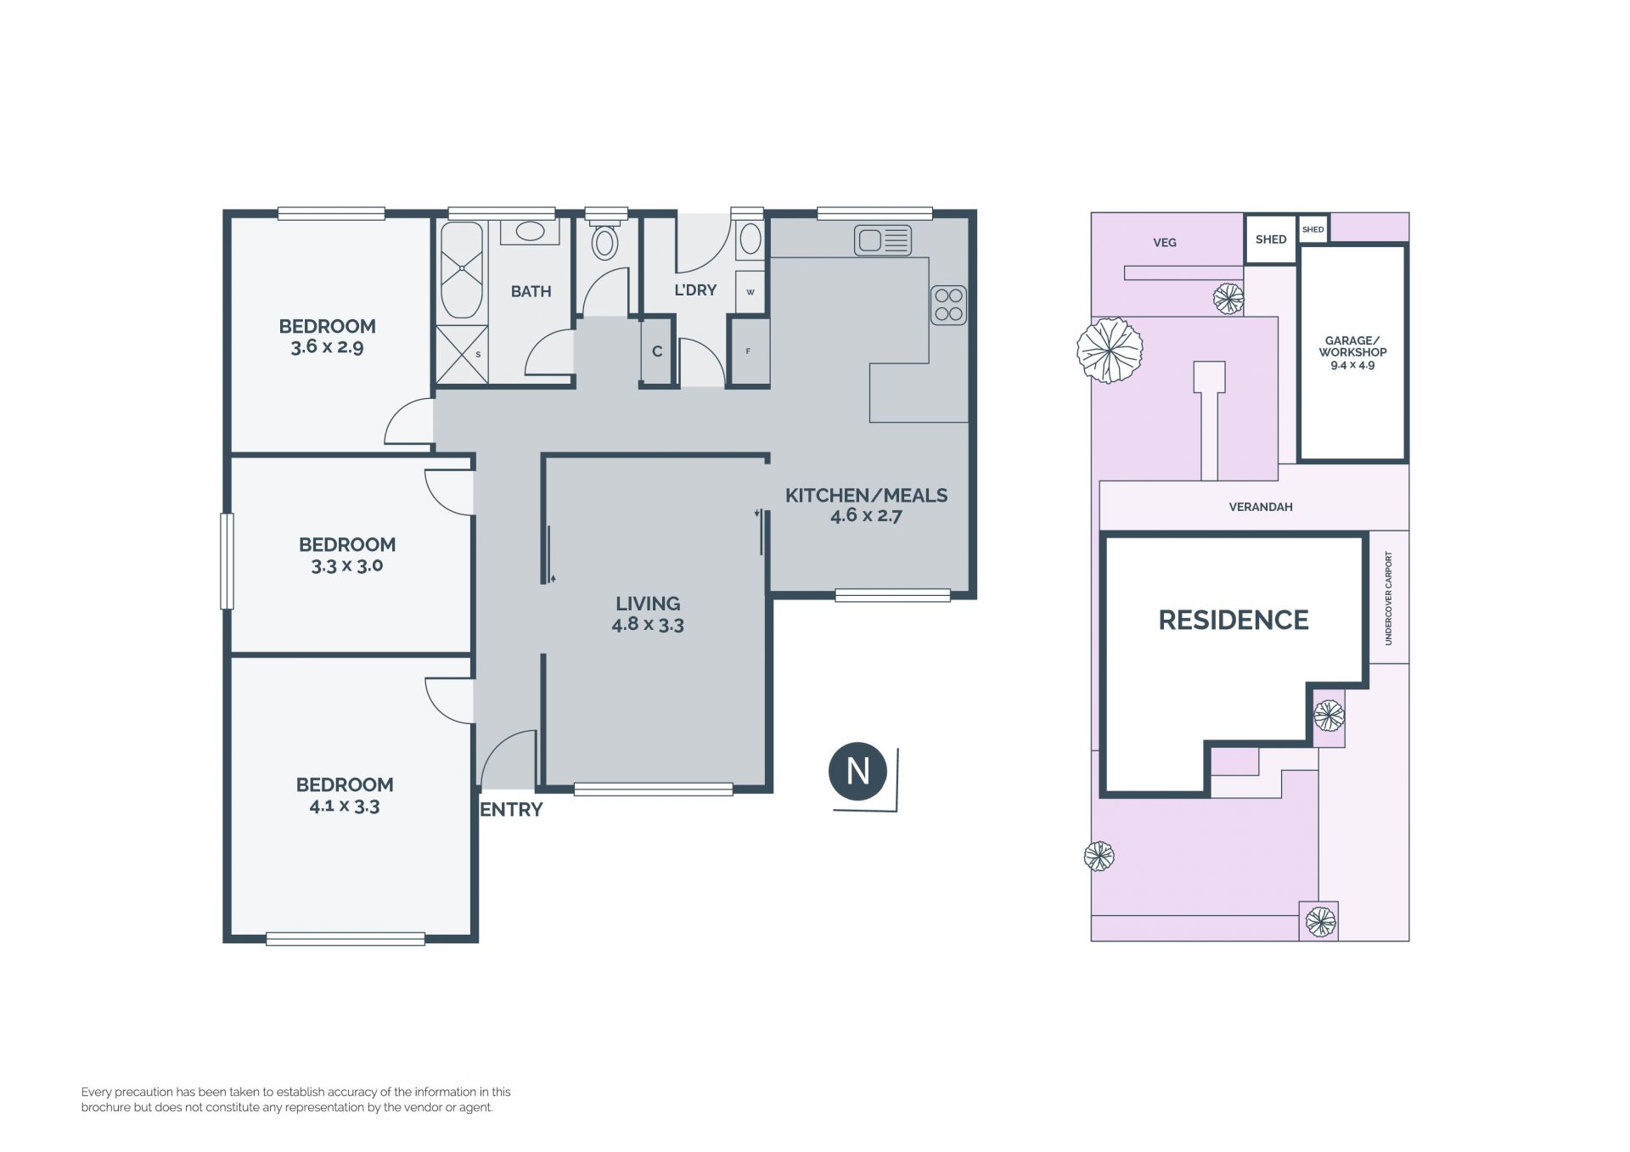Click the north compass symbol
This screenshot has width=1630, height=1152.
857,771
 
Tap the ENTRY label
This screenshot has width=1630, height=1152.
511,810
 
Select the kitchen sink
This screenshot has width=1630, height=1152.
883,240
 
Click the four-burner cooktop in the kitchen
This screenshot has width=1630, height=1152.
948,305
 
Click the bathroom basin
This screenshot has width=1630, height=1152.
531,231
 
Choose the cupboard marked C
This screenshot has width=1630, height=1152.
657,351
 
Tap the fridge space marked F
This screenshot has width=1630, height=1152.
748,351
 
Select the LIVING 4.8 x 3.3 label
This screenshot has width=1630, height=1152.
648,614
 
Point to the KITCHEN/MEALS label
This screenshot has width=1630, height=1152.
866,495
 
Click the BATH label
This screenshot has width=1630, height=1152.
531,291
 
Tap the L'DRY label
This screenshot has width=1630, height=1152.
695,290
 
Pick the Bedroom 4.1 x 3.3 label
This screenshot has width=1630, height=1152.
345,795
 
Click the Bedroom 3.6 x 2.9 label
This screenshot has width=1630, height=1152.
328,336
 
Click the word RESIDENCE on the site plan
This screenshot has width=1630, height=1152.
1234,620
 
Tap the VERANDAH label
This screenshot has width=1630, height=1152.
1261,507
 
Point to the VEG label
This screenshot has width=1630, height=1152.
1165,243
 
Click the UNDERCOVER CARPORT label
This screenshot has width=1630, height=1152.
1389,598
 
